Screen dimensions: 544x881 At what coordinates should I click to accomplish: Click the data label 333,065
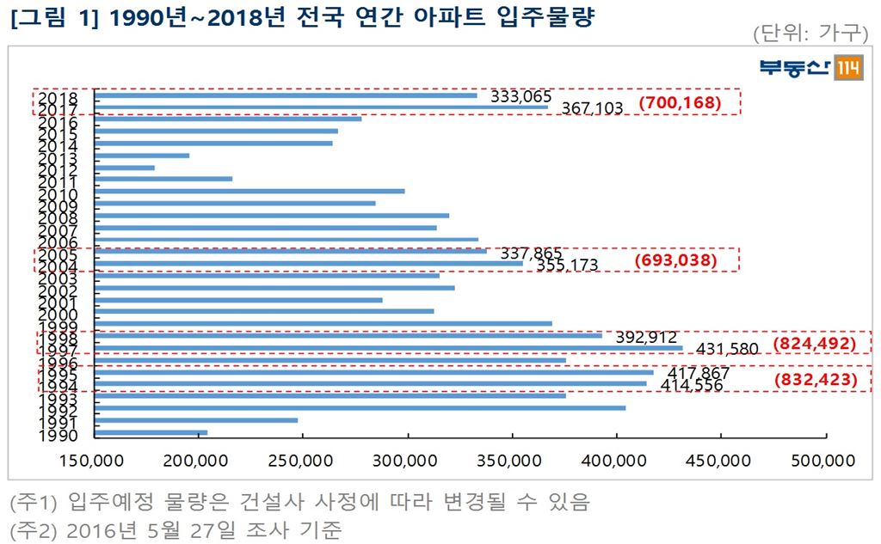pyautogui.click(x=521, y=96)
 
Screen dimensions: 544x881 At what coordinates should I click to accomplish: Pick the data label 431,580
pyautogui.click(x=726, y=350)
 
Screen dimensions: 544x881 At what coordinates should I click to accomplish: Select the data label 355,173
pyautogui.click(x=567, y=265)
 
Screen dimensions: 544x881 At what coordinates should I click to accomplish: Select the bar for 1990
pyautogui.click(x=151, y=432)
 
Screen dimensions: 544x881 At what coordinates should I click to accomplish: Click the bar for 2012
pyautogui.click(x=125, y=168)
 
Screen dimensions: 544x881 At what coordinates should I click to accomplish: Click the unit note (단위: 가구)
pyautogui.click(x=810, y=33)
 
